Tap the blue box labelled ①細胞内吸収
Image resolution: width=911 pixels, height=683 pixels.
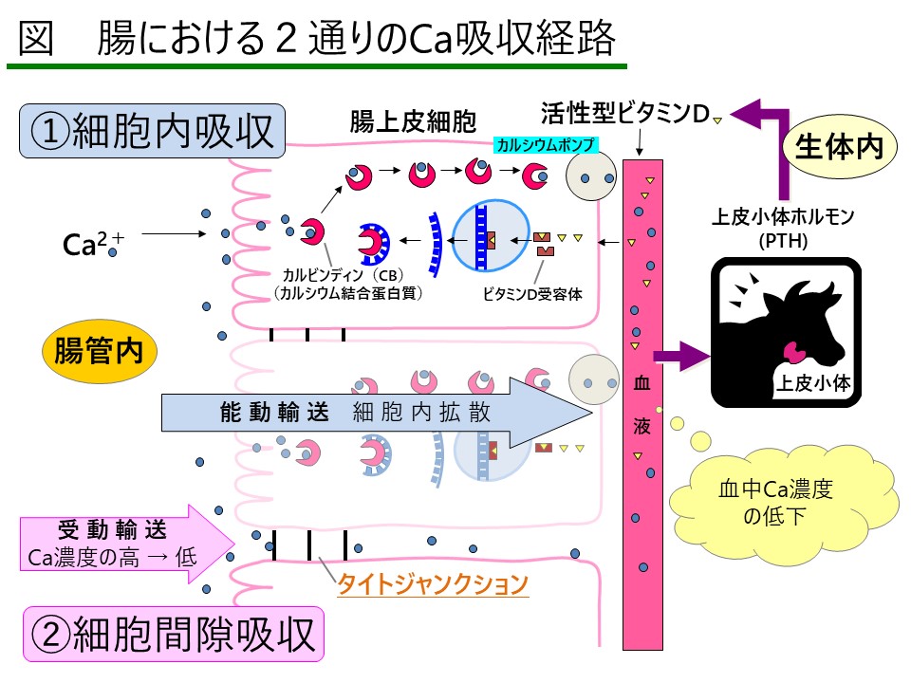pyautogui.click(x=153, y=131)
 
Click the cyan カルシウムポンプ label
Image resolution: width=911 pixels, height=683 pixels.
pyautogui.click(x=545, y=145)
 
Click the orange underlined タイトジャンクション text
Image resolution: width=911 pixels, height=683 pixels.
pyautogui.click(x=433, y=583)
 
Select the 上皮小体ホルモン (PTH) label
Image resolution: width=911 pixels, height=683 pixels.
pyautogui.click(x=784, y=228)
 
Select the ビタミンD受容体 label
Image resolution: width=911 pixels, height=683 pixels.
pyautogui.click(x=531, y=293)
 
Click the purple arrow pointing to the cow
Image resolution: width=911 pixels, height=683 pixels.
pyautogui.click(x=682, y=357)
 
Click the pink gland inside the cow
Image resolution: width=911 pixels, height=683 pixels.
pyautogui.click(x=792, y=352)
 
